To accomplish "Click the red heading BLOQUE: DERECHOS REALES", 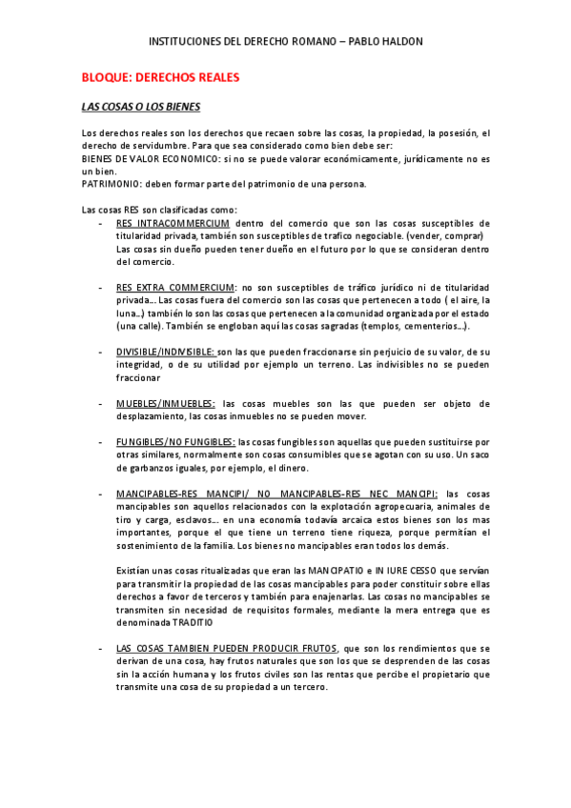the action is click(160, 77).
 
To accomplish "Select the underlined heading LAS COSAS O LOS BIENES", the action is click(140, 106).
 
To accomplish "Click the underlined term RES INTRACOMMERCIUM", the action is click(173, 223).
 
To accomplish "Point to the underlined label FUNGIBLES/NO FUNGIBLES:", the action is click(175, 442).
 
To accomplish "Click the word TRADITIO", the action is click(198, 621).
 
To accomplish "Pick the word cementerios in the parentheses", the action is click(432, 326).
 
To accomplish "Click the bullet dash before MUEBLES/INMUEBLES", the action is click(102, 404).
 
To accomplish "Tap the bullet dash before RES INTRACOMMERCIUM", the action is click(102, 223).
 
